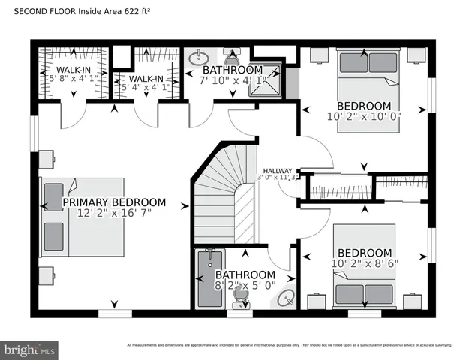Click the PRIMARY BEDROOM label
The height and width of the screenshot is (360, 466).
coord(114,202)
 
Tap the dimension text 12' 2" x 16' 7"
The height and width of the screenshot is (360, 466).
coord(114,214)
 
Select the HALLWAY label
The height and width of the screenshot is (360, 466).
coord(278,171)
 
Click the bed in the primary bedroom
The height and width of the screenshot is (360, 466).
coord(83,217)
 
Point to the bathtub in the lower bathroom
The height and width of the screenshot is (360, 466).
coord(207,279)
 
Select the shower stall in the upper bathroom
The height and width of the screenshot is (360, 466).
coord(266,79)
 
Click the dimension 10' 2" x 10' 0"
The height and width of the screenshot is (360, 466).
coord(365,116)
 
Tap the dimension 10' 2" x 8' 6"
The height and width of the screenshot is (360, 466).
coord(365,263)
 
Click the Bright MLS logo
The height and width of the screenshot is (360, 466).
coord(30,349)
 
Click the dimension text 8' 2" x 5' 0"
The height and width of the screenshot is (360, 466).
coord(245,286)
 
